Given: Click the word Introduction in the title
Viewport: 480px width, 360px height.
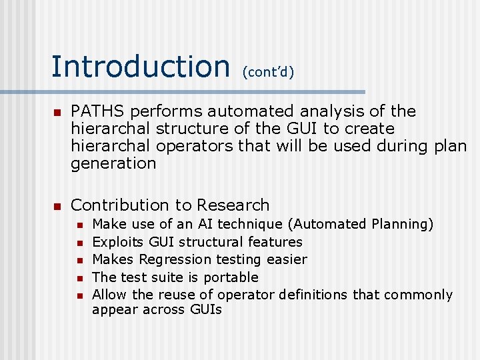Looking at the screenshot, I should [140, 66].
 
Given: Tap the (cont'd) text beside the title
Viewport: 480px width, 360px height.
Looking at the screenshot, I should [268, 71].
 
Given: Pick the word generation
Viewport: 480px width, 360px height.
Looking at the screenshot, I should [113, 163].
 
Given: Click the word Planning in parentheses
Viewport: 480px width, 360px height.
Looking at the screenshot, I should [401, 225].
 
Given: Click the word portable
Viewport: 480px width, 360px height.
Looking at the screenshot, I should [229, 277].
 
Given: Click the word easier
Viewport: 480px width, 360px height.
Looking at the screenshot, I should [287, 260].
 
